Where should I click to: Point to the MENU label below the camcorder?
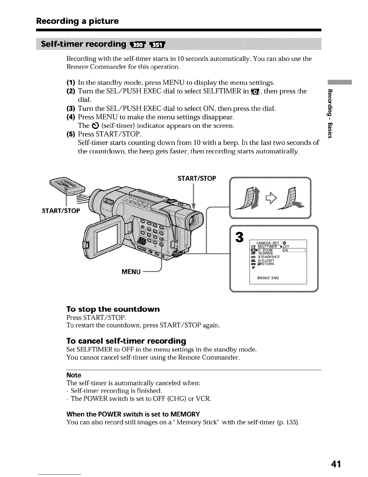[x=131, y=272]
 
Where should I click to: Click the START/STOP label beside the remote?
[x=61, y=210]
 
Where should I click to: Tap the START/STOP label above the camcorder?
[x=197, y=179]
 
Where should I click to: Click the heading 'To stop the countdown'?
[x=113, y=309]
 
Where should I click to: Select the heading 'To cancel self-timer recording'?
[x=126, y=341]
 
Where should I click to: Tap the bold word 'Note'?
[x=74, y=375]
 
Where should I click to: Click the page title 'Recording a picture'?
[x=77, y=21]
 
